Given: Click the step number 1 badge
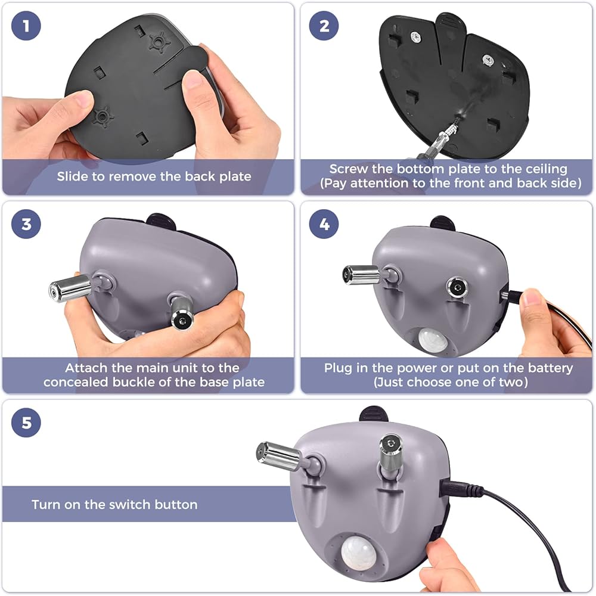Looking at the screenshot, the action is (x=26, y=26).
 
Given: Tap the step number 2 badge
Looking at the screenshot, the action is (x=324, y=26).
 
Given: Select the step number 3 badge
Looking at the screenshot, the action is (x=26, y=224).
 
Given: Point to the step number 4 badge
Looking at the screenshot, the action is (x=324, y=224).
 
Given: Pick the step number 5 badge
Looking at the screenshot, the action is (x=26, y=423).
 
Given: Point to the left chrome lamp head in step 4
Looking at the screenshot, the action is (x=362, y=275).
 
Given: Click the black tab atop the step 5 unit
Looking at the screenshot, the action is (x=374, y=414).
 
